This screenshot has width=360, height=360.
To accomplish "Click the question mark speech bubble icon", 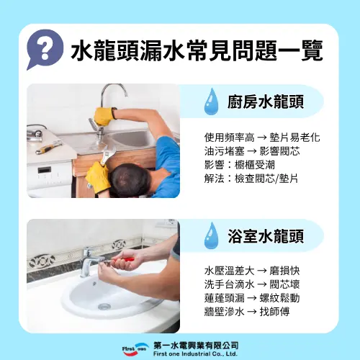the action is (45, 49).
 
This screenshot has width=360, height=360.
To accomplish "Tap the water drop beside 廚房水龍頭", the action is (211, 102).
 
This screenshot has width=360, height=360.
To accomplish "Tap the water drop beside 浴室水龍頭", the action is (211, 235).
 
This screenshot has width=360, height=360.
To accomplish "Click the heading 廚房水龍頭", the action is (266, 102).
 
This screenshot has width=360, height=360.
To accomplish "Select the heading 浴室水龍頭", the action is (266, 236).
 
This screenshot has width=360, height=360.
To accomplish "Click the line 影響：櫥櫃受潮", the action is (240, 165).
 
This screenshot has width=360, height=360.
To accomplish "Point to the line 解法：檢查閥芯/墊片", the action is (251, 179).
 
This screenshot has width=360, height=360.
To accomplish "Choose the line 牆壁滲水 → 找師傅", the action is (247, 312).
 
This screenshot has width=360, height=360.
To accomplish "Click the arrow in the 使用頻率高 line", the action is (262, 138).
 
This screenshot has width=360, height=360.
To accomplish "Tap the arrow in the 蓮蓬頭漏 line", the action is (252, 298).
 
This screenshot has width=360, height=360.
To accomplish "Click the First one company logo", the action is (135, 349).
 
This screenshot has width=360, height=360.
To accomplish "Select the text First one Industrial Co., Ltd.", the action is (195, 354).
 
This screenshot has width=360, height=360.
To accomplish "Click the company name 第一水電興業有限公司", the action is (196, 346).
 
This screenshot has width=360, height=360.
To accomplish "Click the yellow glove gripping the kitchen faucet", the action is (104, 117).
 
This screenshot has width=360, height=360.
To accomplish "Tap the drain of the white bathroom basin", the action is (104, 306).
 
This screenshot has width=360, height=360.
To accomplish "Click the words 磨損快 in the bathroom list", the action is (284, 271).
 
